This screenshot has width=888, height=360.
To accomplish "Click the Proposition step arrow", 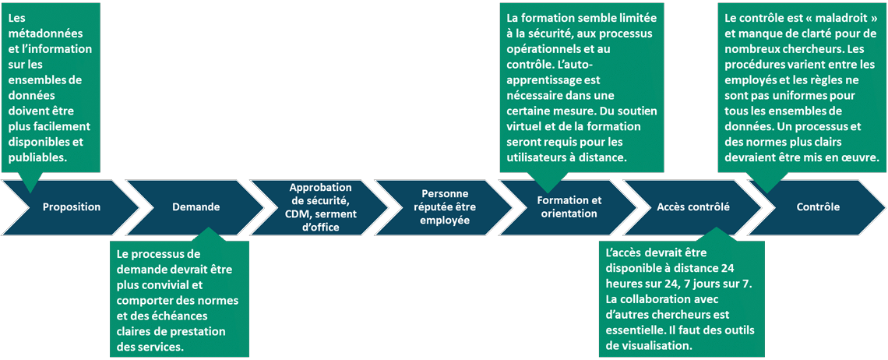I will click(x=72, y=207).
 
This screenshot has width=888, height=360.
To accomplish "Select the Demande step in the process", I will click(x=196, y=207).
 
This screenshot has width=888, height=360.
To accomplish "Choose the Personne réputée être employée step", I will click(x=445, y=207).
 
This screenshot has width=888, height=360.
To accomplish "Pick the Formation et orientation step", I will click(x=569, y=207).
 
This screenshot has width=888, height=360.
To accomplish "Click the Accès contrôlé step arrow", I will click(x=693, y=207).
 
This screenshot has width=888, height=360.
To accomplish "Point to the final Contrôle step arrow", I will click(x=818, y=207).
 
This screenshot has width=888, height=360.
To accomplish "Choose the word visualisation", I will click(x=652, y=346).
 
